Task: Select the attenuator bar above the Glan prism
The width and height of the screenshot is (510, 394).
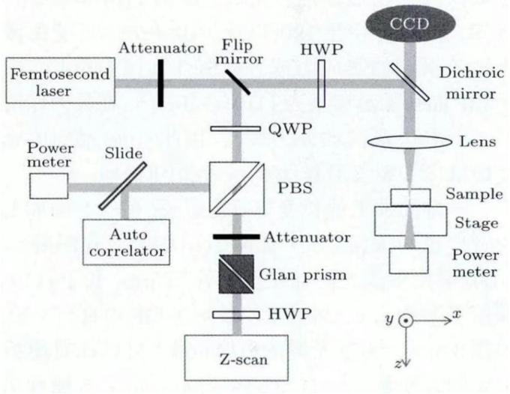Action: point(238,237)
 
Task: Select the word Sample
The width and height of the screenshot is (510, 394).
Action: point(472,193)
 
